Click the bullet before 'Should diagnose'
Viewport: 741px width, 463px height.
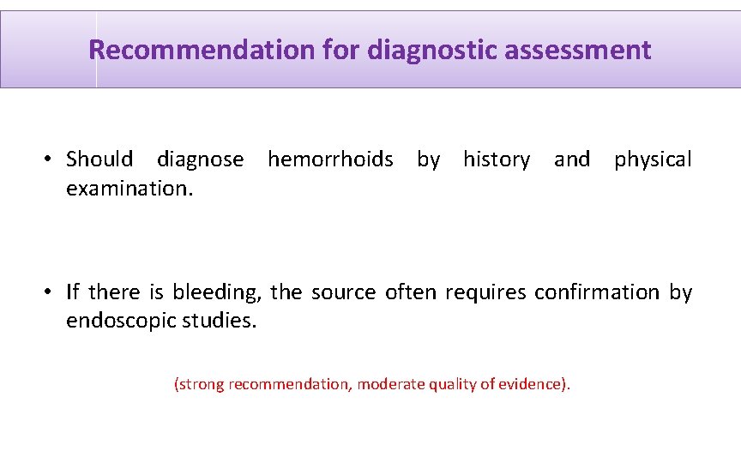51,159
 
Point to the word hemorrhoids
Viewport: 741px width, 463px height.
330,159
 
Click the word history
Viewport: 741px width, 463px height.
497,159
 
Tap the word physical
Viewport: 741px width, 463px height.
653,159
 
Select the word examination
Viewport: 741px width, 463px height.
129,189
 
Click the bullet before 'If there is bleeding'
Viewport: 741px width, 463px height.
51,292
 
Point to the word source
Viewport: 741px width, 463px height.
343,292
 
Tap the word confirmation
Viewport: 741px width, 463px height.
597,292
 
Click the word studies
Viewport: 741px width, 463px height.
222,322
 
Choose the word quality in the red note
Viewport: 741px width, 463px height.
443,384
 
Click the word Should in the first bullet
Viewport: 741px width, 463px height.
99,159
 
